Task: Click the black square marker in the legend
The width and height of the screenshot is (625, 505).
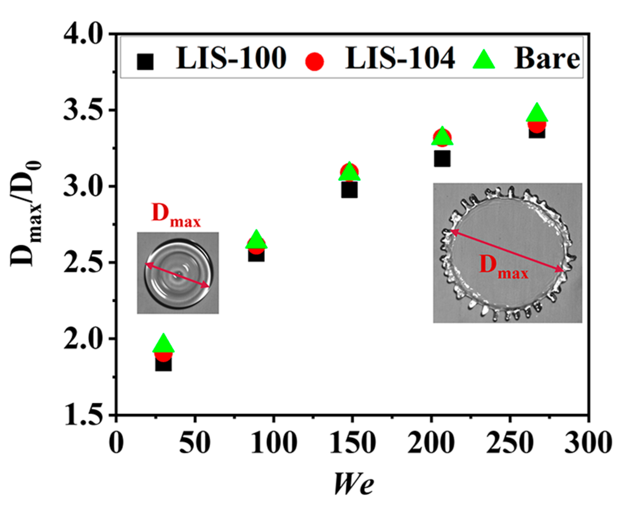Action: [x=145, y=62]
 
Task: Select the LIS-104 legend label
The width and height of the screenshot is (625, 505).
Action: [x=400, y=59]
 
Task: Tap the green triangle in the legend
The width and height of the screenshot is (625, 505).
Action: [x=484, y=60]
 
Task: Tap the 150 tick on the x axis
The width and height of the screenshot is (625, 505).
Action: [x=353, y=442]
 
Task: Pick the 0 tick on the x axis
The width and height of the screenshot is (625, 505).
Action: [x=116, y=442]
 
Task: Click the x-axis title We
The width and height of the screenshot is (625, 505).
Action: [x=353, y=483]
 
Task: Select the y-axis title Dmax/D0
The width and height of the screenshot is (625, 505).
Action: [x=26, y=214]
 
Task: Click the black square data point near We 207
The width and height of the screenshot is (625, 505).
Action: [x=442, y=158]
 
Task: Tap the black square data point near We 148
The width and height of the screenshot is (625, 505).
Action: [x=349, y=190]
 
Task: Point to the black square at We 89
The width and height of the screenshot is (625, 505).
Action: [x=256, y=254]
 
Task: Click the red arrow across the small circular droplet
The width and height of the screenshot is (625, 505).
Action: [x=177, y=275]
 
